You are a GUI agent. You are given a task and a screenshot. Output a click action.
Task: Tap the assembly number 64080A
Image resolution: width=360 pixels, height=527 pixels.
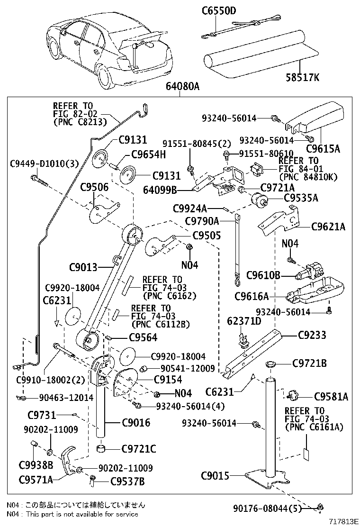pyautogui.click(x=182, y=87)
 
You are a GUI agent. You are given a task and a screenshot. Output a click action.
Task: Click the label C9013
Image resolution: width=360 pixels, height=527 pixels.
pyautogui.click(x=83, y=267)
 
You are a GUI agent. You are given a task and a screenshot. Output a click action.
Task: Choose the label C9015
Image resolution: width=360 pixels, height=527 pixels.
pyautogui.click(x=216, y=475)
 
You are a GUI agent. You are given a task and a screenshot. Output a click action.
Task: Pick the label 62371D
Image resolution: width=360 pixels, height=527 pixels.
pyautogui.click(x=244, y=321)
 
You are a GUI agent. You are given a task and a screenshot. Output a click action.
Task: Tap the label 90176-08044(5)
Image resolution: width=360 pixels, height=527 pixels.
pyautogui.click(x=268, y=508)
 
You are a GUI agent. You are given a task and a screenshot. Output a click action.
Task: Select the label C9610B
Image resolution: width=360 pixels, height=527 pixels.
pyautogui.click(x=264, y=275)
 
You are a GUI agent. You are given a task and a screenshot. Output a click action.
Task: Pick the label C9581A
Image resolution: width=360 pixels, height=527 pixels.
pyautogui.click(x=331, y=397)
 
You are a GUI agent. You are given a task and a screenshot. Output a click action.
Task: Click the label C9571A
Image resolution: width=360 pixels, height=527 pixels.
pyautogui.click(x=36, y=480)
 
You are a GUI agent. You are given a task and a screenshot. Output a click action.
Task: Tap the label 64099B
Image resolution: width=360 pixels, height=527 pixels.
pyautogui.click(x=160, y=191)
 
